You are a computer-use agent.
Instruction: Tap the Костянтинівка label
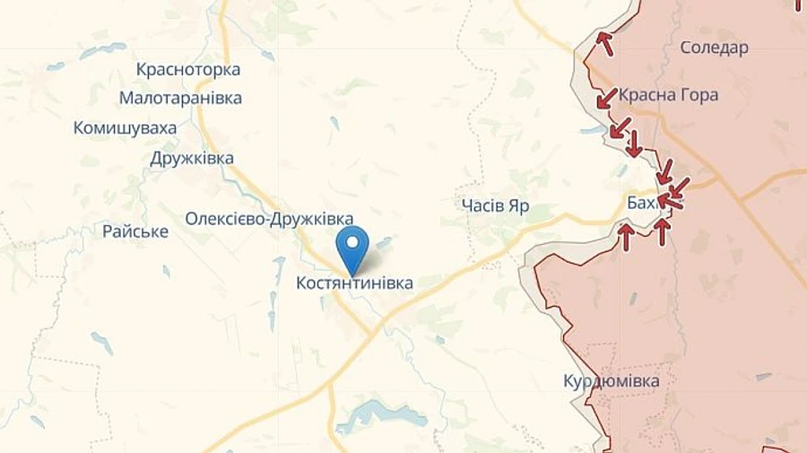pos(355,283)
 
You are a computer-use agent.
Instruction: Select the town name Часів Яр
pos(495,206)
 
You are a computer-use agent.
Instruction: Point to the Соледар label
pos(714,48)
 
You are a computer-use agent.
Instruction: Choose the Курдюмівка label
pos(612,381)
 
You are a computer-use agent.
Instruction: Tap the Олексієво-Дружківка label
pos(269,218)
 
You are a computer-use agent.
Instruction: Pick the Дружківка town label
pos(192,159)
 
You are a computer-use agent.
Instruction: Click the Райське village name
pos(135,231)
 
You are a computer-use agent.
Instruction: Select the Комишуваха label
pos(126,128)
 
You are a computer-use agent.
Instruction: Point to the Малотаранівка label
pos(180,99)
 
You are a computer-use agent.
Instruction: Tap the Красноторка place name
pos(188,69)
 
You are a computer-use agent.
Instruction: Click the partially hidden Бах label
pos(641,205)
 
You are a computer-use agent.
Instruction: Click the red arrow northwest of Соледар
pos(605,41)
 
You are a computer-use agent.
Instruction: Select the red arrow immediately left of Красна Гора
pos(607,96)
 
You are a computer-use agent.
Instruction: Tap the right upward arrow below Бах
pos(662,231)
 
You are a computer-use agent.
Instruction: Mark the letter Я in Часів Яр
pos(515,206)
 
